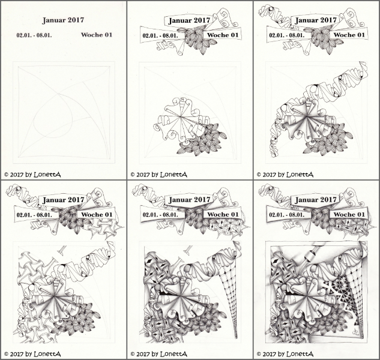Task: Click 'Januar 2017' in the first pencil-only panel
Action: tap(63, 20)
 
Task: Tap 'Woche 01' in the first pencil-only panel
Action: tap(97, 35)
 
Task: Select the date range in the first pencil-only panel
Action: tap(34, 35)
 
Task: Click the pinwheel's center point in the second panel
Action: tap(181, 117)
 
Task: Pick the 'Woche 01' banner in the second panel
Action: tap(223, 35)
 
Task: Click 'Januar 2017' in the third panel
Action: tap(316, 20)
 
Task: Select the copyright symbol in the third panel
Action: tap(259, 175)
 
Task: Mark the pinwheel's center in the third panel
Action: tap(307, 117)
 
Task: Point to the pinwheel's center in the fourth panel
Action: tap(55, 296)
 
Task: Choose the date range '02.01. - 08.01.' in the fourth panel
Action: tap(34, 215)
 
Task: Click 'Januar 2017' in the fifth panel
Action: tap(190, 200)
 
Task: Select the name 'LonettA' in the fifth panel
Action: tap(173, 354)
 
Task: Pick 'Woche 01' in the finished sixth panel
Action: tap(349, 215)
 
